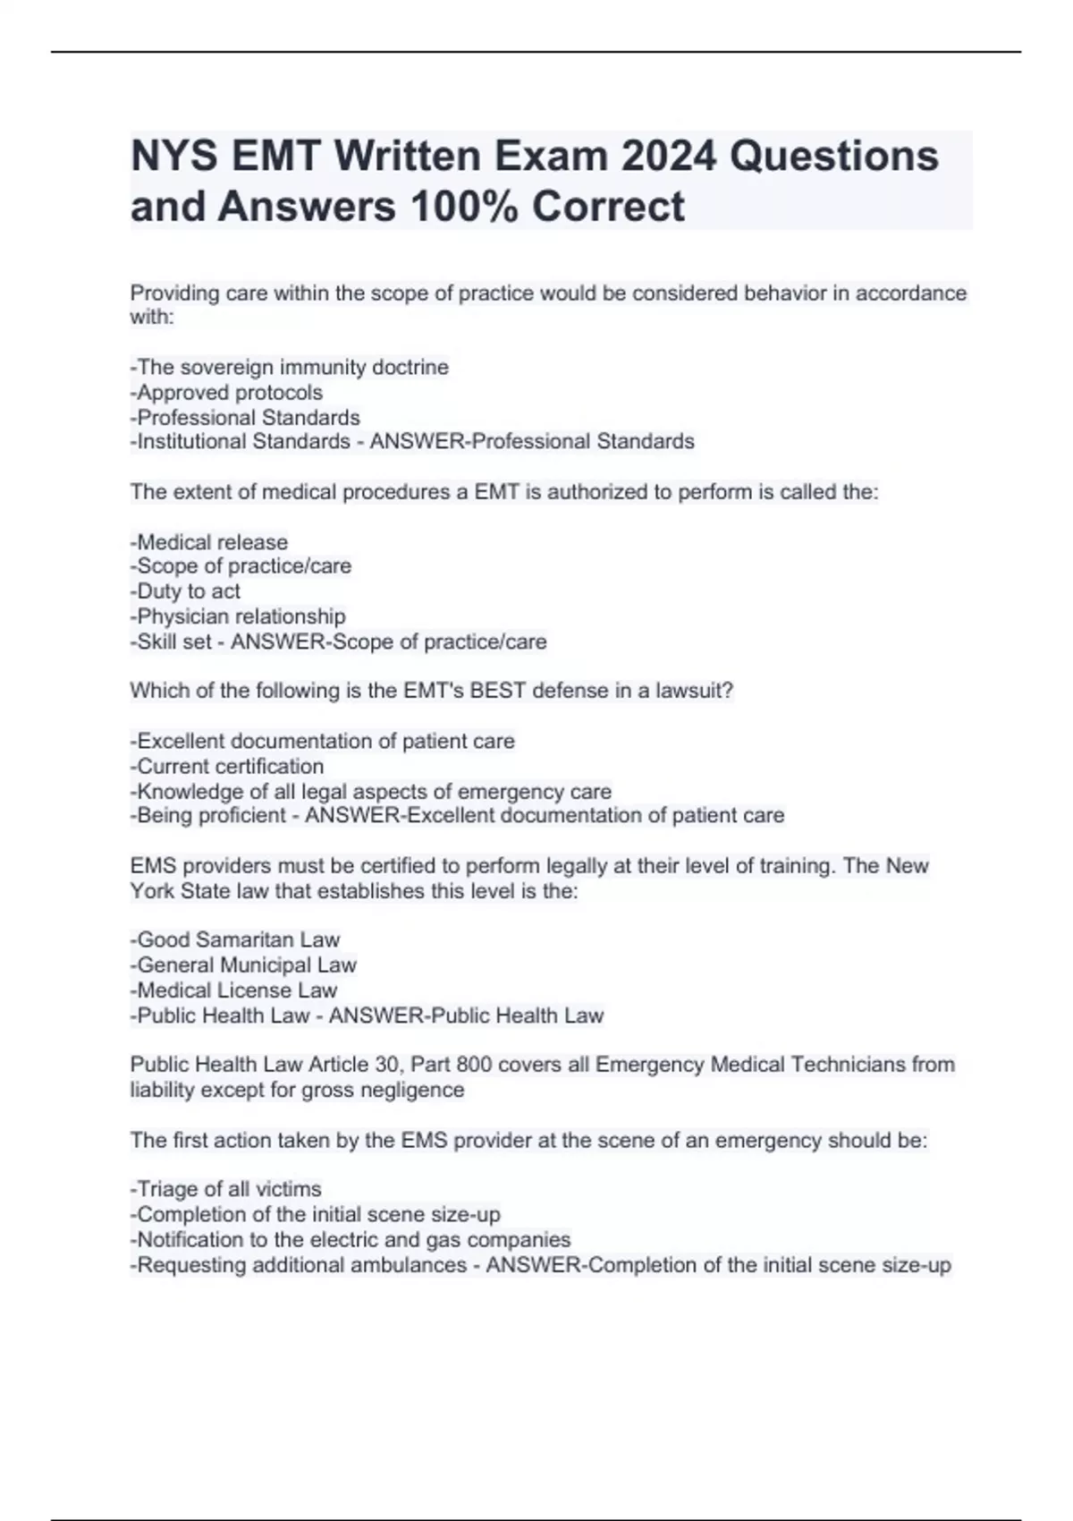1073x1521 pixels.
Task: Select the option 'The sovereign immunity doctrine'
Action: (x=291, y=367)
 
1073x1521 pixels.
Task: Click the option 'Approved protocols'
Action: (x=227, y=392)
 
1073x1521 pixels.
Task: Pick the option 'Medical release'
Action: (x=210, y=542)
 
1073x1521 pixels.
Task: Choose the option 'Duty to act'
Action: (x=186, y=591)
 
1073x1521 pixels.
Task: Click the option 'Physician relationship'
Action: (x=239, y=616)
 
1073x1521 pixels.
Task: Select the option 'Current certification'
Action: (x=228, y=767)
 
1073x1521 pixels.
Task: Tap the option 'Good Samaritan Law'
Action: (x=236, y=939)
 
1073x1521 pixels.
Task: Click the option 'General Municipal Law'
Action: (x=244, y=964)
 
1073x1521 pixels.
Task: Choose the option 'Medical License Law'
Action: (x=235, y=990)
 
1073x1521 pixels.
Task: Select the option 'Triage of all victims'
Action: (x=226, y=1189)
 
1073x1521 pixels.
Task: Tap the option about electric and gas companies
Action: (x=351, y=1239)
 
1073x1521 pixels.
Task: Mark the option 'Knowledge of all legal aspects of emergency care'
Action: (x=372, y=792)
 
